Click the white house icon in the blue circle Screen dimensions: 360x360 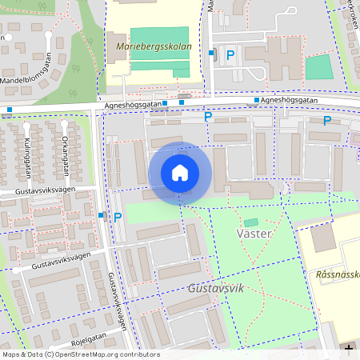[x=180, y=172]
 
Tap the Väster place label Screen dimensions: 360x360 [x=255, y=233]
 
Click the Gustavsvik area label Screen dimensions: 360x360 [x=215, y=287]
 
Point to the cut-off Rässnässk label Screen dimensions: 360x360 [x=338, y=274]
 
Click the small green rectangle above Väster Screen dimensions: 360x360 [x=251, y=222]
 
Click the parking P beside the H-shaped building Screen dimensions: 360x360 [x=230, y=54]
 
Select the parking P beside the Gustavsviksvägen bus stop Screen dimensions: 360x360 [x=118, y=217]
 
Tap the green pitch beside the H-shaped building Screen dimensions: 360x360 [x=318, y=66]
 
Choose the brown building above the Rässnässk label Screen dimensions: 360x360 [x=324, y=238]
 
